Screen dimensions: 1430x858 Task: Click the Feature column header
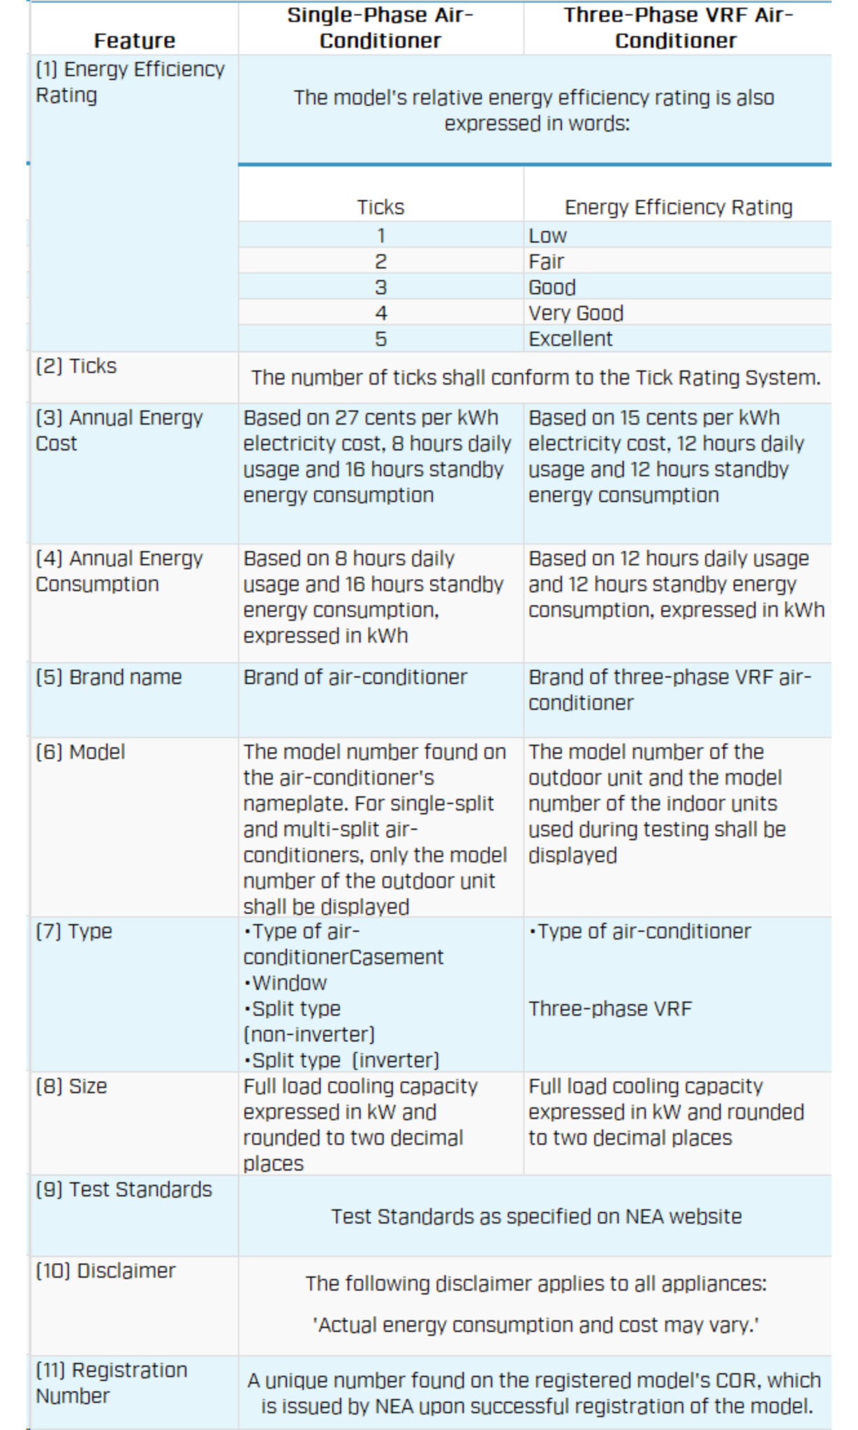point(135,40)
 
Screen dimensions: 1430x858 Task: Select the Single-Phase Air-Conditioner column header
point(380,28)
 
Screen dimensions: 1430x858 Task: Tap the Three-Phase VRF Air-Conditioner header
point(676,28)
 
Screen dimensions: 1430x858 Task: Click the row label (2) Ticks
point(76,366)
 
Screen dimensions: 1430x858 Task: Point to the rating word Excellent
point(570,339)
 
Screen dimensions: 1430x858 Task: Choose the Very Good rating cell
point(576,313)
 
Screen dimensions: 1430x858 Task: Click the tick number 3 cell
point(380,287)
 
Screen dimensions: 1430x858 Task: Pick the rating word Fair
point(546,261)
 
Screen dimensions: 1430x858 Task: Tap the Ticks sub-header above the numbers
point(380,207)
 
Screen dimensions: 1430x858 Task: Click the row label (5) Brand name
point(109,677)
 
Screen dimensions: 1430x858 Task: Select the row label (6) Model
point(80,751)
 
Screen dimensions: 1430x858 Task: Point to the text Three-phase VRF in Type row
point(610,1008)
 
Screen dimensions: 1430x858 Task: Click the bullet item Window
point(286,982)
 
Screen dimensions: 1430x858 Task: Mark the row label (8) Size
point(71,1086)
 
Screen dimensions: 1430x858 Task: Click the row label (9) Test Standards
point(124,1189)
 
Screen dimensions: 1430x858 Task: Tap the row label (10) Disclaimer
point(105,1270)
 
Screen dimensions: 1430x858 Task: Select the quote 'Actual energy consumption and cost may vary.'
point(535,1325)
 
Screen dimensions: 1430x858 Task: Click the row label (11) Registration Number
point(112,1383)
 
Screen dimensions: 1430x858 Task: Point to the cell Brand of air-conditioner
point(355,677)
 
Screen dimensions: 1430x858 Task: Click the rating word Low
point(547,235)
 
